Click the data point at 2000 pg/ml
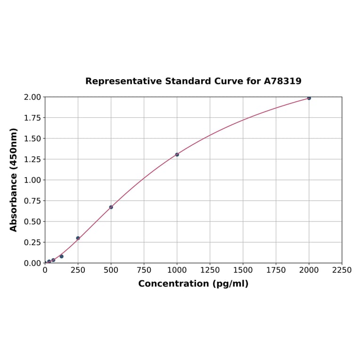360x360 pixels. tap(309, 98)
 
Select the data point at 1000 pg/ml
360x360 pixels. tap(177, 155)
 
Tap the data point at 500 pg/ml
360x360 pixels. tap(111, 207)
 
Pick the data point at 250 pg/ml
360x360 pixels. tap(78, 238)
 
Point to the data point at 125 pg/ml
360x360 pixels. tap(62, 256)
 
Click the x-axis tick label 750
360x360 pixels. tap(144, 270)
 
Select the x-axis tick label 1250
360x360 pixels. tap(210, 270)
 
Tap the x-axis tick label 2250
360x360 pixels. tap(342, 270)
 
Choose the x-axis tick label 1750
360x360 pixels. tap(276, 270)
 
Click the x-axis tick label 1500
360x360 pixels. tap(243, 270)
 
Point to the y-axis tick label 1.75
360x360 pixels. tap(32, 118)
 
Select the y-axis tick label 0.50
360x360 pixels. tap(32, 221)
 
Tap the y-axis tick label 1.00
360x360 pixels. tap(32, 180)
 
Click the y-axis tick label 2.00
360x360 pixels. tap(32, 97)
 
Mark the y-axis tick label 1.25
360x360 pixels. tap(32, 159)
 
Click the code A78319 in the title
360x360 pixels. tap(282, 82)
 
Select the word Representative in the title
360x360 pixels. tap(123, 82)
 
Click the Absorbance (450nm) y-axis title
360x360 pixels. tap(14, 180)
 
